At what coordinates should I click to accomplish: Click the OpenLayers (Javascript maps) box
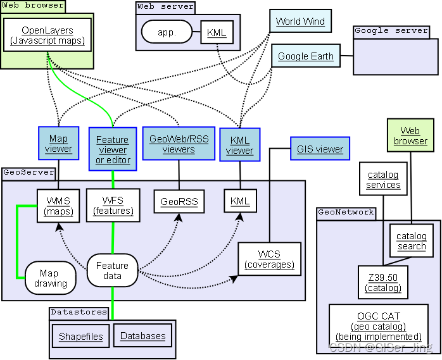47,35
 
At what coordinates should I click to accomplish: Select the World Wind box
300,21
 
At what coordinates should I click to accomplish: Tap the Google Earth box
306,56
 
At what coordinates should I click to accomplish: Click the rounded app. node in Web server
166,32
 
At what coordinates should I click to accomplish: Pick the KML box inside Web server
217,32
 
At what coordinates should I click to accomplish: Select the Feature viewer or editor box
112,149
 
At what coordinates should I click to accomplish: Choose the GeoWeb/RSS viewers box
178,144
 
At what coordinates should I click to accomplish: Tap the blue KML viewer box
240,144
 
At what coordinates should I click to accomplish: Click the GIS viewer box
320,149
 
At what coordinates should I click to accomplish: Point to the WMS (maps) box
58,206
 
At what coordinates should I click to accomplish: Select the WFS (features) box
113,205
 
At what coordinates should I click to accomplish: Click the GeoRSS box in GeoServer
179,202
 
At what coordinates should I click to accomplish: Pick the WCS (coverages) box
268,259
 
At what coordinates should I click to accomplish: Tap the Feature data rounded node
112,271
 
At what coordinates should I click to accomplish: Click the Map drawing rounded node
50,278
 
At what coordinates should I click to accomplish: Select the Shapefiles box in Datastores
80,336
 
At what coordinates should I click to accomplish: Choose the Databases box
142,336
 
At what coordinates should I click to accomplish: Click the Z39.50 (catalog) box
382,282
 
